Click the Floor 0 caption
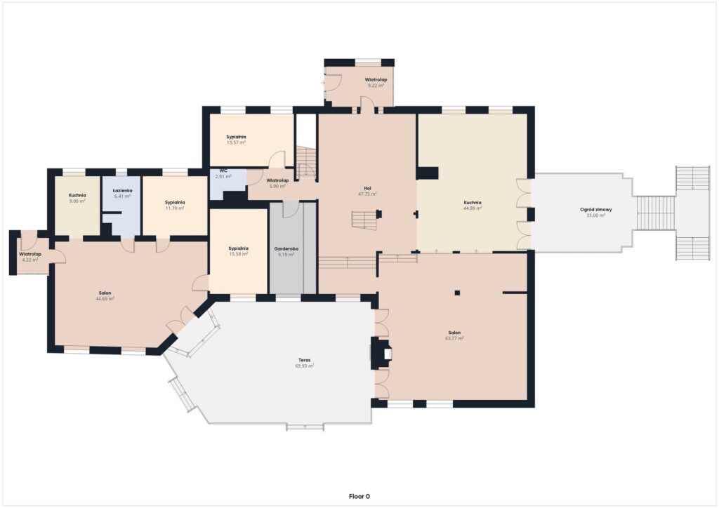[x=359, y=497]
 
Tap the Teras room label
[x=305, y=361]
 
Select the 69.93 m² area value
[x=305, y=366]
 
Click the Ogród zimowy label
[x=595, y=209]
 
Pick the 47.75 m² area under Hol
[x=367, y=194]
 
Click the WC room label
[x=223, y=171]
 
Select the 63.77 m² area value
[x=454, y=338]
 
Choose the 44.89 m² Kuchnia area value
[x=473, y=208]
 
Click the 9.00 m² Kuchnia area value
[x=77, y=201]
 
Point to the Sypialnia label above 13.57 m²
[x=236, y=137]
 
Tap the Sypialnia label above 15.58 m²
[x=239, y=248]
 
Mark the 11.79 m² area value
[x=175, y=208]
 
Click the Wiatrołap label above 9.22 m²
[x=376, y=80]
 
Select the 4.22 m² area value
[x=30, y=260]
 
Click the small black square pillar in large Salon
[x=457, y=293]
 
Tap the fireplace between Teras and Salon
[x=381, y=353]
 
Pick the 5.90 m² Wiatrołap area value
[x=277, y=187]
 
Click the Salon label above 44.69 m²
[x=105, y=293]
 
